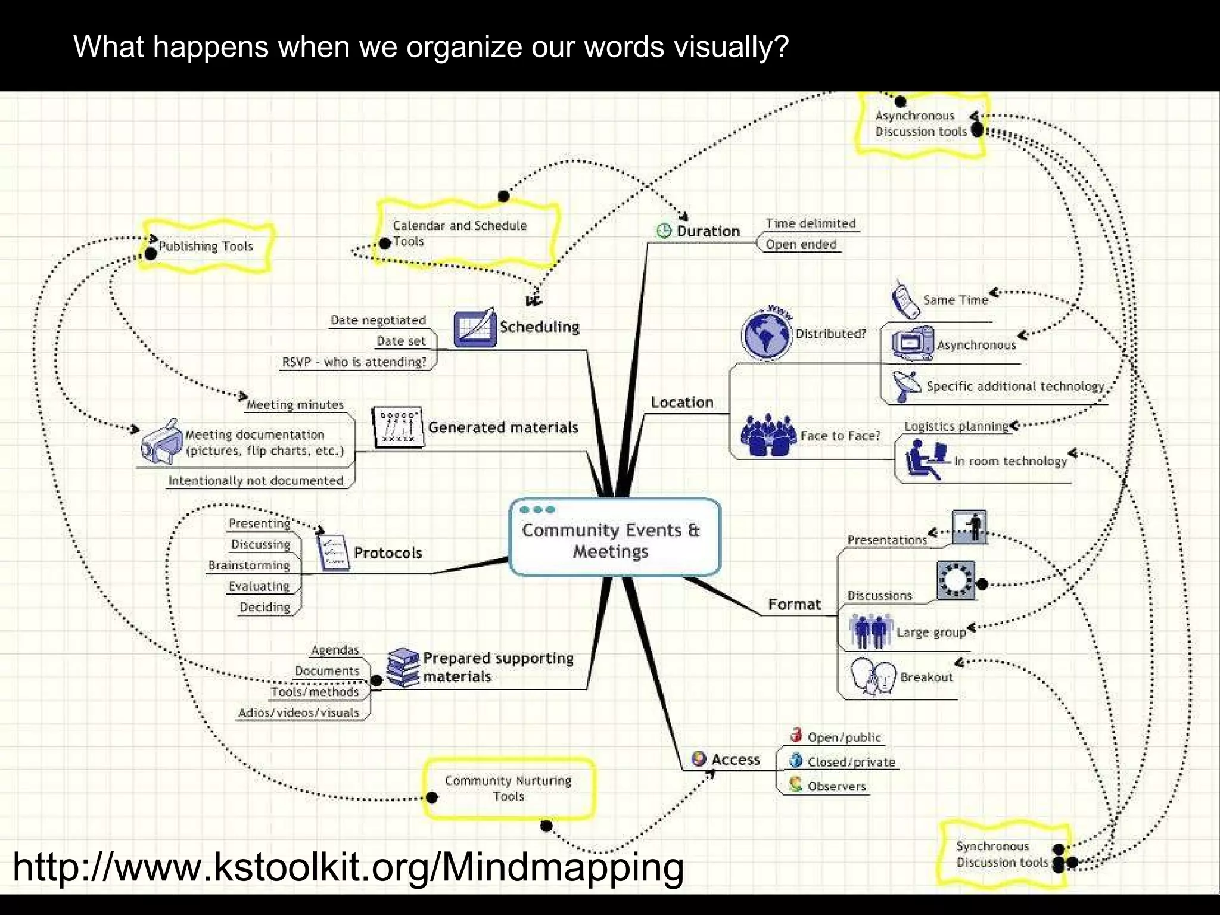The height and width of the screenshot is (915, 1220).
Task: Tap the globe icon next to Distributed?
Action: pyautogui.click(x=767, y=335)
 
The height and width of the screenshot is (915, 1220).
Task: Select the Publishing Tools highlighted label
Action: pyautogui.click(x=206, y=246)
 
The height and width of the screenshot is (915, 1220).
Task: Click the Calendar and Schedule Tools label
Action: pyautogui.click(x=460, y=233)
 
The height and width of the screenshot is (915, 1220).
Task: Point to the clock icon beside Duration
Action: pyautogui.click(x=664, y=231)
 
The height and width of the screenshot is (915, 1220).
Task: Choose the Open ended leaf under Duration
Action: pyautogui.click(x=801, y=244)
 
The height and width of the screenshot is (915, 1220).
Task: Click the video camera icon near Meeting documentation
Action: pyautogui.click(x=161, y=443)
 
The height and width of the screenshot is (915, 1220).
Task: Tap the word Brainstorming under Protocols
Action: pyautogui.click(x=249, y=565)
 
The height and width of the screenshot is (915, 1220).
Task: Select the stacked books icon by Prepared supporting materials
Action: pyautogui.click(x=403, y=667)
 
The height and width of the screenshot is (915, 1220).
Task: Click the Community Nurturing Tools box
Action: pyautogui.click(x=508, y=788)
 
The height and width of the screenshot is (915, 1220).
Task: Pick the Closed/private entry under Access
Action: pyautogui.click(x=851, y=762)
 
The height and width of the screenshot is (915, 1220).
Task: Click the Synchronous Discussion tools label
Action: pyautogui.click(x=1001, y=854)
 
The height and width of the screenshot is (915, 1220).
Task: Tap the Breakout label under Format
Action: pyautogui.click(x=926, y=677)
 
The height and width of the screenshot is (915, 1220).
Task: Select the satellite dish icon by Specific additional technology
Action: pyautogui.click(x=905, y=385)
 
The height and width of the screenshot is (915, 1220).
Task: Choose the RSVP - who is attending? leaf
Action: pyautogui.click(x=354, y=362)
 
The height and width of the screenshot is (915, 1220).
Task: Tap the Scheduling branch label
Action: pyautogui.click(x=539, y=326)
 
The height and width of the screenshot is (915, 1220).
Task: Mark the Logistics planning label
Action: pyautogui.click(x=956, y=427)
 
